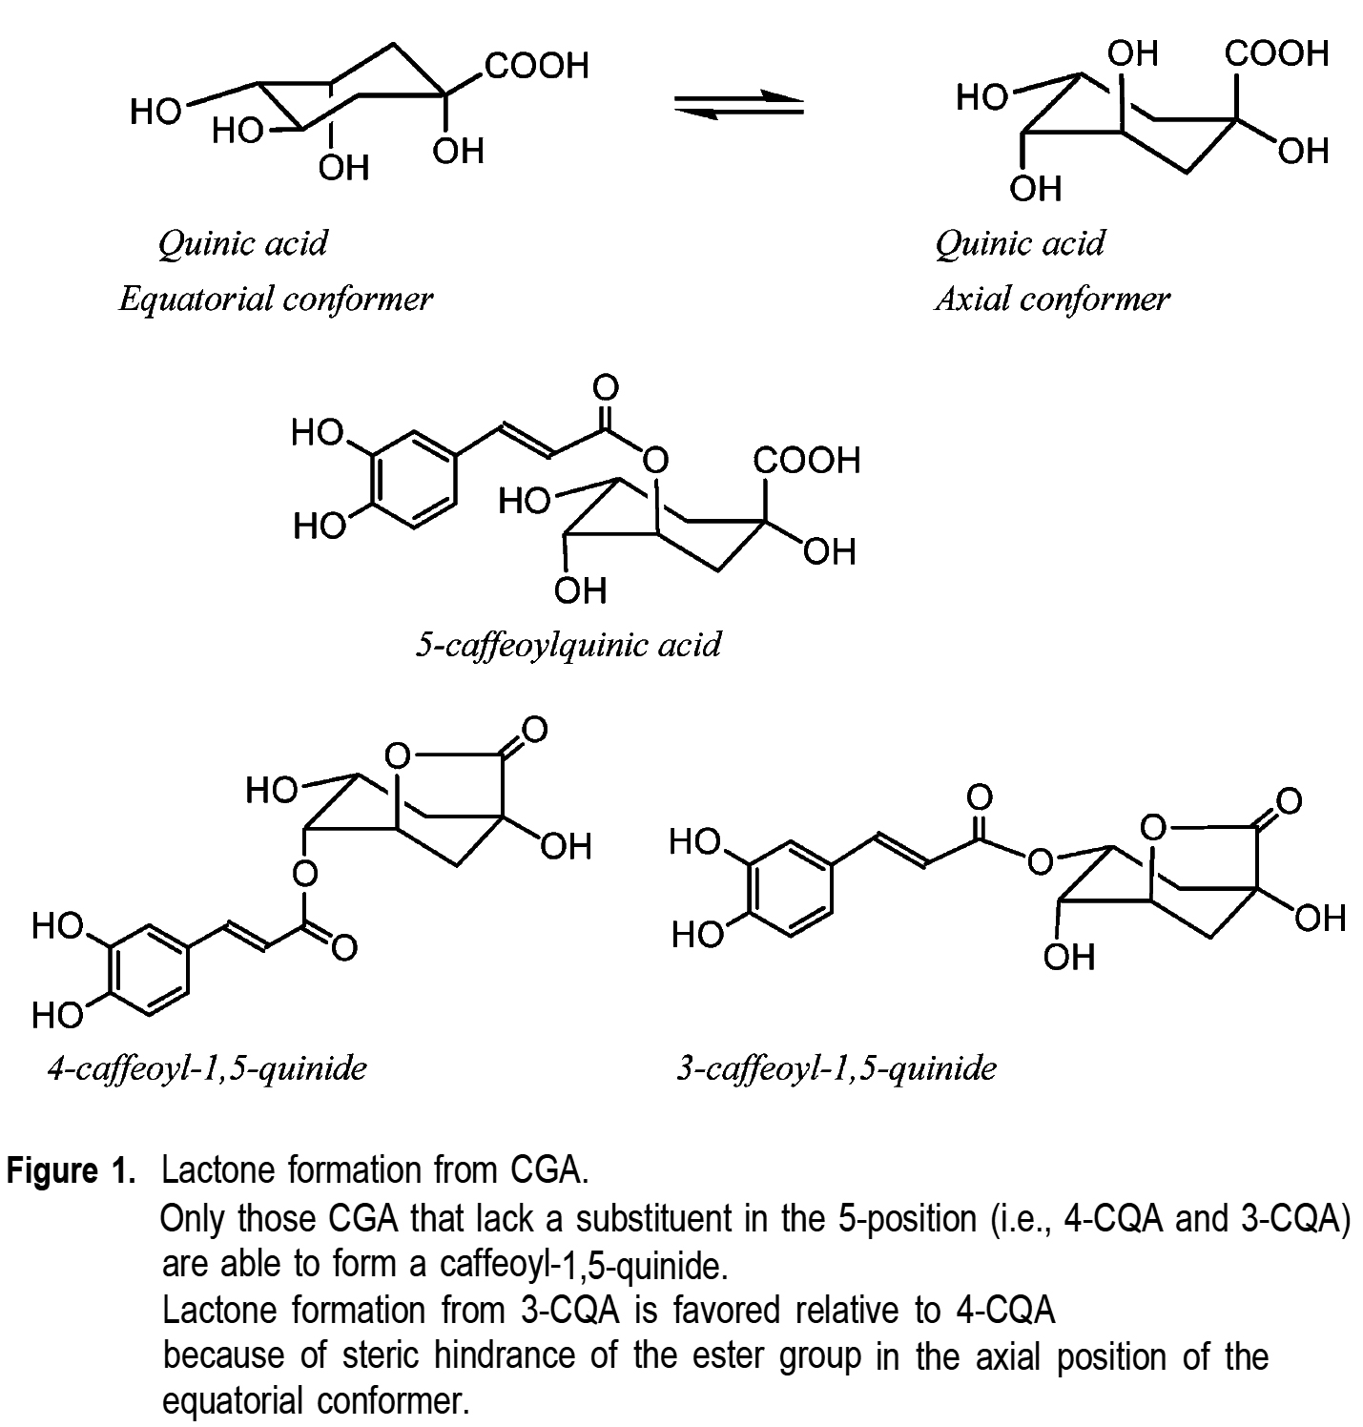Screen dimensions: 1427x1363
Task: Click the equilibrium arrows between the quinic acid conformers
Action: (739, 106)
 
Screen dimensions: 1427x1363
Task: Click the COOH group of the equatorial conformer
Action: (537, 66)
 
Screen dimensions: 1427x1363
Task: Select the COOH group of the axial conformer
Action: (1276, 53)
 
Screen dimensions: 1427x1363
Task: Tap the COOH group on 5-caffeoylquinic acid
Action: (806, 461)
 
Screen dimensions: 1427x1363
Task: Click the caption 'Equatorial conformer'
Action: (276, 300)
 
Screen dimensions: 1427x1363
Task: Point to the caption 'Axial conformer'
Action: (1052, 300)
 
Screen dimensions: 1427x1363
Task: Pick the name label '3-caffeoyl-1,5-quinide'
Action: (836, 1067)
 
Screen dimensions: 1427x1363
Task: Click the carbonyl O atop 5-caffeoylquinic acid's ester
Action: (606, 388)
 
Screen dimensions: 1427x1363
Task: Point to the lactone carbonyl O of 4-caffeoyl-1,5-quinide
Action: (533, 730)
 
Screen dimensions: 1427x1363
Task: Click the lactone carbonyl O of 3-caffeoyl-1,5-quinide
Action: (1289, 799)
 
